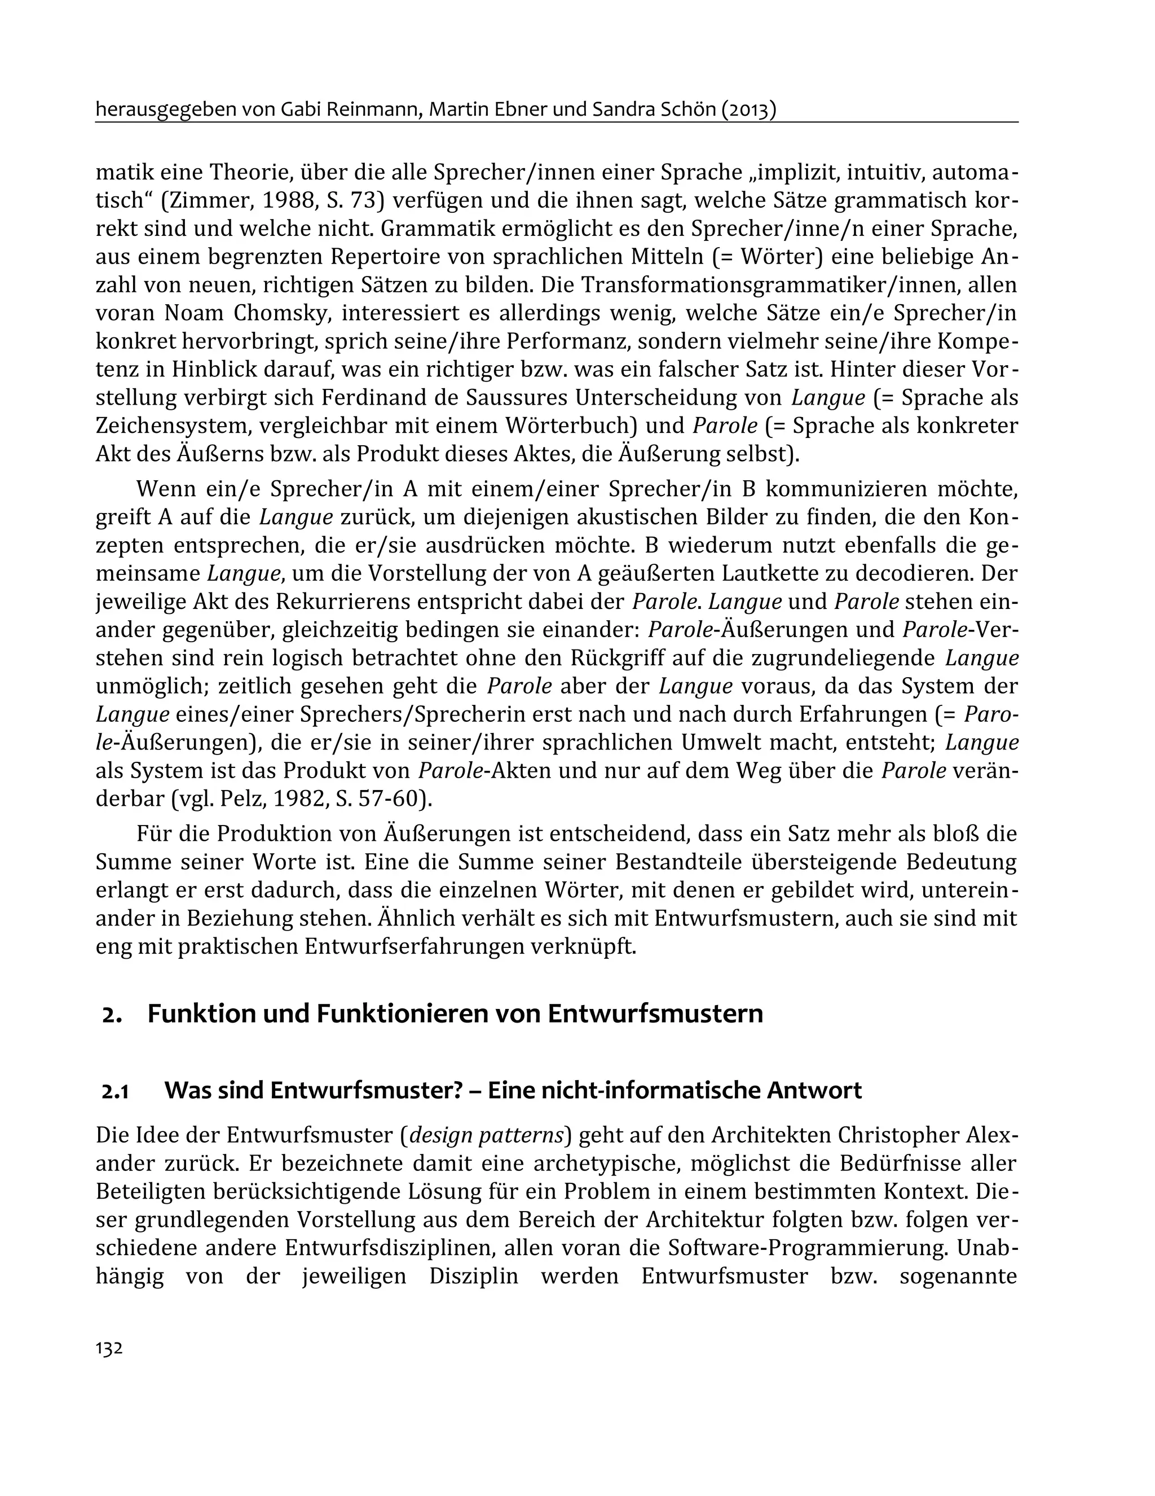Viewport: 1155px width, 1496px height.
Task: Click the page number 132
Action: pyautogui.click(x=109, y=1349)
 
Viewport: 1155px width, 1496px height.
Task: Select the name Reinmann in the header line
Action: pyautogui.click(x=376, y=109)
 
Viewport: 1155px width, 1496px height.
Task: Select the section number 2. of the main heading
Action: pyautogui.click(x=112, y=1015)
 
